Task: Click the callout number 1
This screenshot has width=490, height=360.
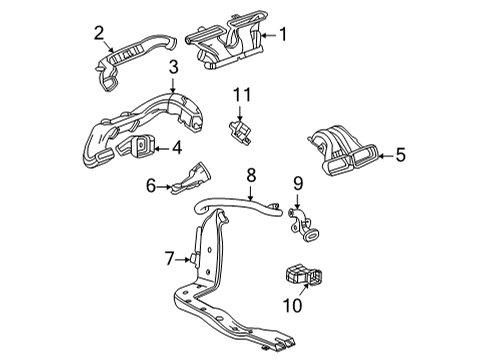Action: click(x=283, y=35)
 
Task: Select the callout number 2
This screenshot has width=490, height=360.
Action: click(x=99, y=33)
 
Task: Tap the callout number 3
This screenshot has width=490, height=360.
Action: click(x=173, y=68)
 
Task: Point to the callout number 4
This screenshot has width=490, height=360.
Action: click(x=177, y=150)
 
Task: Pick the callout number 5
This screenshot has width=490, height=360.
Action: click(x=401, y=154)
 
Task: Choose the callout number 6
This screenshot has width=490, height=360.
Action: click(x=151, y=185)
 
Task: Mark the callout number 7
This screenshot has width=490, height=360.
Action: click(x=169, y=261)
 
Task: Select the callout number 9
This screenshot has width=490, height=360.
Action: click(x=297, y=183)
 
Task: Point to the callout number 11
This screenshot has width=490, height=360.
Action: click(x=240, y=94)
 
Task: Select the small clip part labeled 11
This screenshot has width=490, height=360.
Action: click(x=238, y=129)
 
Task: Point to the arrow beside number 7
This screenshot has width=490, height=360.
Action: click(x=185, y=261)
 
